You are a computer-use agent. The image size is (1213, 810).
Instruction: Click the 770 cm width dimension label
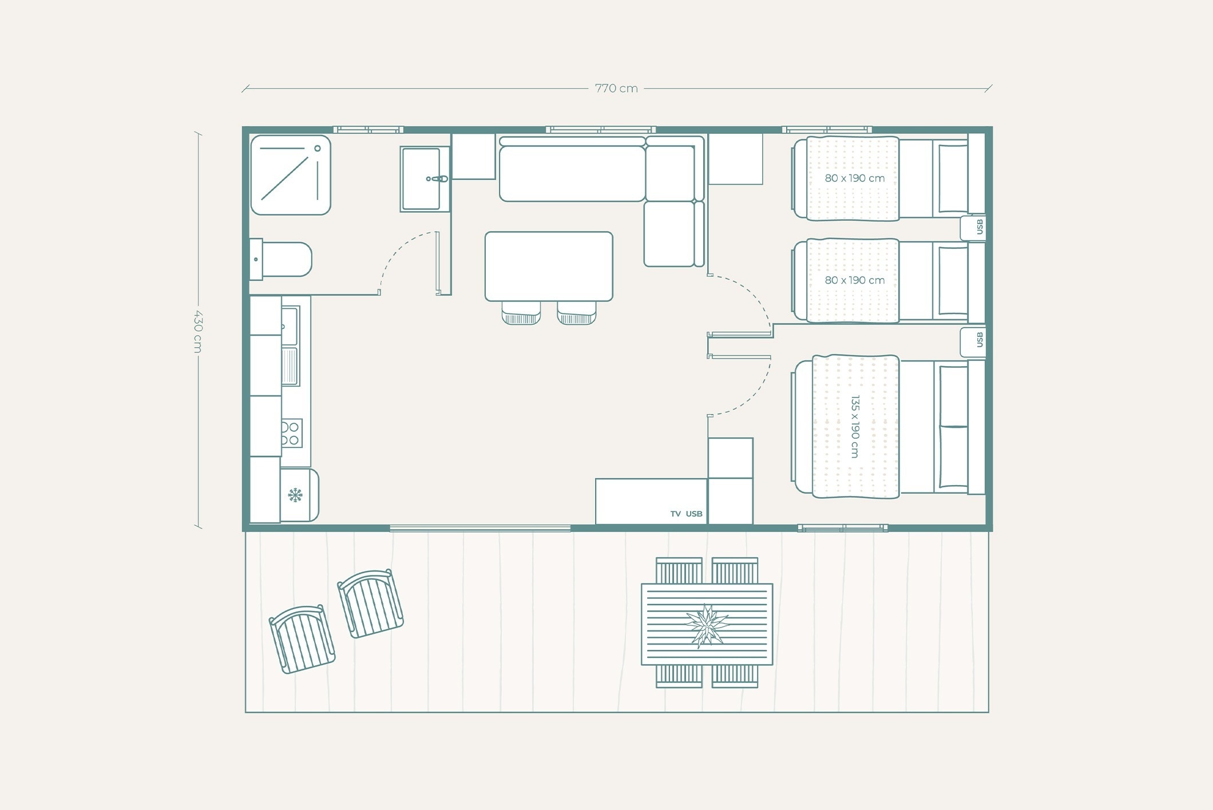pos(616,88)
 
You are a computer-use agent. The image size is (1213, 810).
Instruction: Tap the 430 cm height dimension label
pos(198,331)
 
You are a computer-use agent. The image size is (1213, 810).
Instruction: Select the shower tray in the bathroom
pos(291,175)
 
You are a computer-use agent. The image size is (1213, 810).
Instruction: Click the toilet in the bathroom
pos(281,259)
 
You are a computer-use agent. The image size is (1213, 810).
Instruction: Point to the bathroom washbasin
pos(424,179)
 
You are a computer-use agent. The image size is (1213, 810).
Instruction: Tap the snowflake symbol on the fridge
pos(295,495)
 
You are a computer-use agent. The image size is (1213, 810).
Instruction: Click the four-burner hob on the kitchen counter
pos(291,433)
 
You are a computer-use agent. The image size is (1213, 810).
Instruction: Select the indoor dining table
pos(549,266)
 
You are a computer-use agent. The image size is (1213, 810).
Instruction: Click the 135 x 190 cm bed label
pos(855,426)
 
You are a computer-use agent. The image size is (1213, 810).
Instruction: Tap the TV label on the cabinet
pos(676,514)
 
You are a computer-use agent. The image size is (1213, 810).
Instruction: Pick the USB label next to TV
pos(694,514)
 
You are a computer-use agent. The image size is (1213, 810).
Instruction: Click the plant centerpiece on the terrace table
pos(707,625)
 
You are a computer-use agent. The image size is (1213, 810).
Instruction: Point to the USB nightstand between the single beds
pos(973,228)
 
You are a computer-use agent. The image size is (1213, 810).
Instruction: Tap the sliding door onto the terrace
pos(480,528)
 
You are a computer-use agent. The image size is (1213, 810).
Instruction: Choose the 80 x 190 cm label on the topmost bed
pos(854,178)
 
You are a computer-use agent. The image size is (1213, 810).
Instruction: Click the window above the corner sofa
pos(601,130)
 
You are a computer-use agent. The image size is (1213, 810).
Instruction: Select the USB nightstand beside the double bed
pos(973,341)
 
